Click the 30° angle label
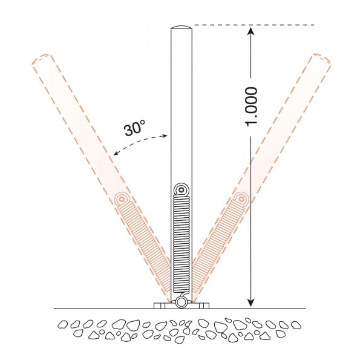[135, 128]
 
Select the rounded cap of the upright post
[181, 28]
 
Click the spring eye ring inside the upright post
[181, 190]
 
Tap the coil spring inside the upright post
[181, 242]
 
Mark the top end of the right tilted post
[321, 60]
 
